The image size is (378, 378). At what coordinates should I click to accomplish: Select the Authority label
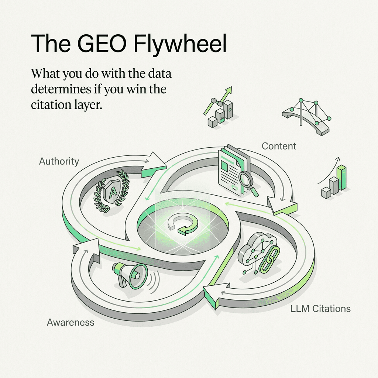tap(59, 161)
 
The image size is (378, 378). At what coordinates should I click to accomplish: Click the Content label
tap(279, 146)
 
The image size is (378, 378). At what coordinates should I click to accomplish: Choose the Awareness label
tap(71, 322)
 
